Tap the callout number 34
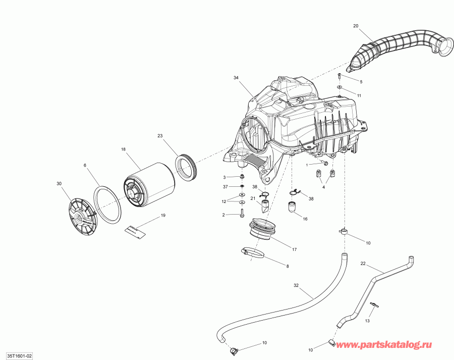click(236, 78)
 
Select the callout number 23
click(160, 136)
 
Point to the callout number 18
click(123, 149)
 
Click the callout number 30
click(59, 183)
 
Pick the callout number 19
click(163, 216)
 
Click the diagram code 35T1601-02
click(17, 355)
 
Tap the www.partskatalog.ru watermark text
click(384, 345)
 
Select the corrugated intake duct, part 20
click(399, 50)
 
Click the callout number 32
click(296, 285)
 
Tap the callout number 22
click(363, 264)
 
